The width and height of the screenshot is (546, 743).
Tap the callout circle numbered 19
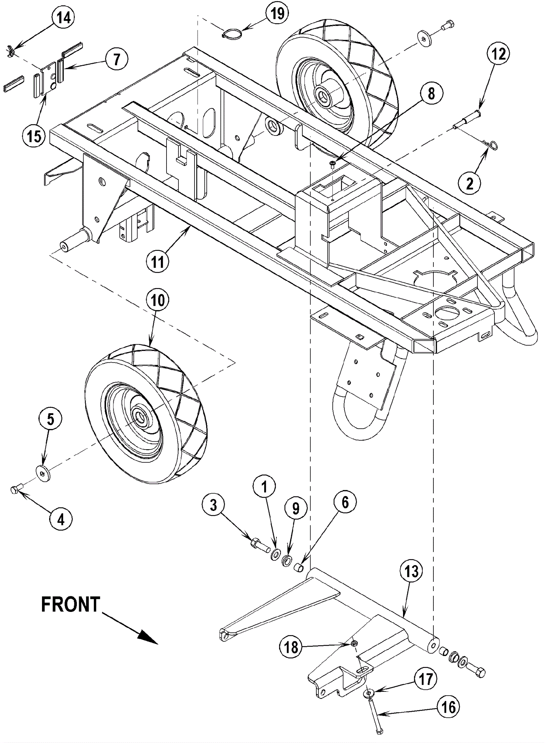point(277,14)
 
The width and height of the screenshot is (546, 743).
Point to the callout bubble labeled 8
point(431,93)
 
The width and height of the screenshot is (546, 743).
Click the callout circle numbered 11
point(157,262)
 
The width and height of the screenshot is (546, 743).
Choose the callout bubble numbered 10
point(157,301)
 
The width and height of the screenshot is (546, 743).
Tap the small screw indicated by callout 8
point(332,165)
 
